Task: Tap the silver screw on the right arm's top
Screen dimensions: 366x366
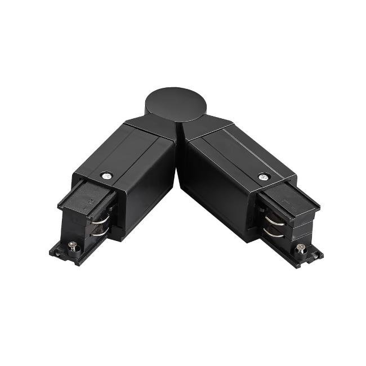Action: (x=262, y=177)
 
